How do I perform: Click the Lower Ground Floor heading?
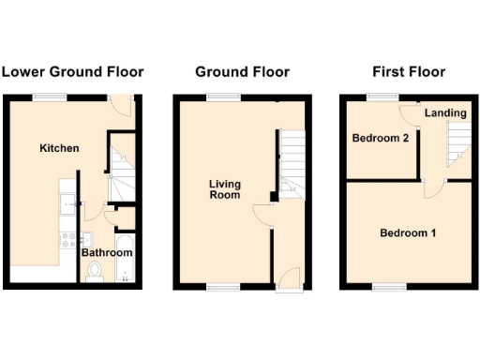pos(72,72)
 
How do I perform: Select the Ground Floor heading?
pos(242,72)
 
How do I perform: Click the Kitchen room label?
pos(59,148)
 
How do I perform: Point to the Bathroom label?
pos(106,252)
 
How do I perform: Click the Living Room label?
pos(225,189)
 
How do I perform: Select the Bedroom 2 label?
pos(381,139)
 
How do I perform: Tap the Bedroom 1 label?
pos(407,232)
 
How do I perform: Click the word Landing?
pos(445,113)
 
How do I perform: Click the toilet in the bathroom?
pos(94,271)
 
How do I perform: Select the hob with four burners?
pos(67,238)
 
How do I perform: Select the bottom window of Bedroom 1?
pos(385,285)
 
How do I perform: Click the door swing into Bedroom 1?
pos(429,190)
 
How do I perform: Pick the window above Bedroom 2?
pos(381,96)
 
